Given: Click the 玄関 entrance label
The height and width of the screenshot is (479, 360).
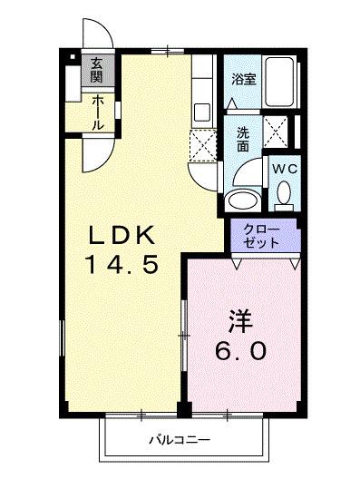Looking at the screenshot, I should click(x=96, y=70).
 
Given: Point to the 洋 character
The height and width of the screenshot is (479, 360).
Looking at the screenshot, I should click(x=238, y=322).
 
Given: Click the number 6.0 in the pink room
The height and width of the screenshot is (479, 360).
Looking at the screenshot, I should click(x=239, y=350).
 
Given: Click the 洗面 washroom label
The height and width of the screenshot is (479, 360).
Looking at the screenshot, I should click(x=243, y=139).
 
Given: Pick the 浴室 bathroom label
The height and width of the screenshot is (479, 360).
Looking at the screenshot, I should click(x=243, y=79).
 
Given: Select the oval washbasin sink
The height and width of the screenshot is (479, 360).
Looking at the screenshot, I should click(x=242, y=200).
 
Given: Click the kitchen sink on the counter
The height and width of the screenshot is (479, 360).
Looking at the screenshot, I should click(x=201, y=112).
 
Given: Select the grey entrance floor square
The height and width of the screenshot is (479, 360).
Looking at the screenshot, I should click(x=96, y=70).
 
